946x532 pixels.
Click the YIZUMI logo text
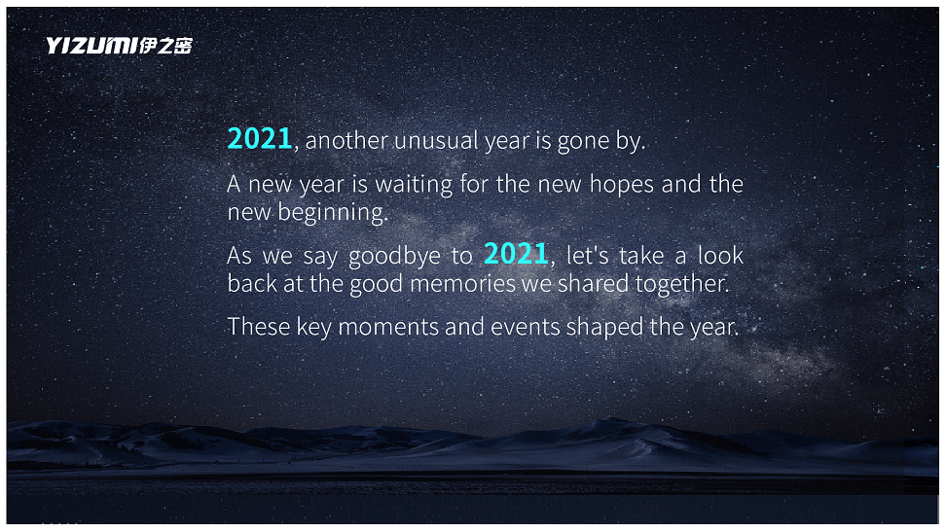[x=91, y=46]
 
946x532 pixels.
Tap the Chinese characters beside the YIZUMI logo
[x=165, y=46]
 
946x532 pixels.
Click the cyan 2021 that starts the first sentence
[x=260, y=139]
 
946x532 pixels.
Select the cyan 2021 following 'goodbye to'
[x=516, y=254]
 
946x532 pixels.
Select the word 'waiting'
[x=414, y=185]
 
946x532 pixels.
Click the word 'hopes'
[x=621, y=185]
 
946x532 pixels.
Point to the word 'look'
[x=720, y=255]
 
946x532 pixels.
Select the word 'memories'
[x=462, y=284]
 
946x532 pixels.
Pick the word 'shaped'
[x=604, y=328]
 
